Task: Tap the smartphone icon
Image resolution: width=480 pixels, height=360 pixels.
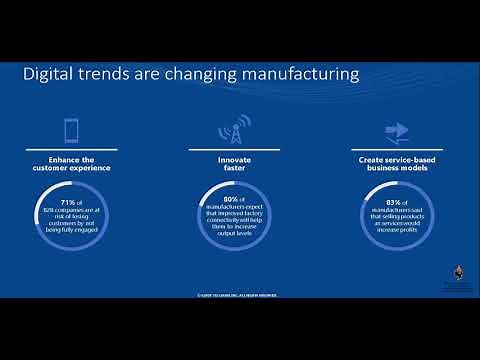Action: (x=72, y=131)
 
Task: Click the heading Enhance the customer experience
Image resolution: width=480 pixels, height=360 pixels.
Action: (x=72, y=163)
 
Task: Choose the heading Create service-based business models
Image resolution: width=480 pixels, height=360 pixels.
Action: (x=395, y=163)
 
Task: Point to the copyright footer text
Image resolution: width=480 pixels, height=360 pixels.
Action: (x=240, y=296)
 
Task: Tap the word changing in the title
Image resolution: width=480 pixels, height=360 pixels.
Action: (x=196, y=75)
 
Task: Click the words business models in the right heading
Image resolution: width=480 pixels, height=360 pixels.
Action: (x=395, y=168)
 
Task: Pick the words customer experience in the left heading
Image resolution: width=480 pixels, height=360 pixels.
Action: (x=72, y=168)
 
